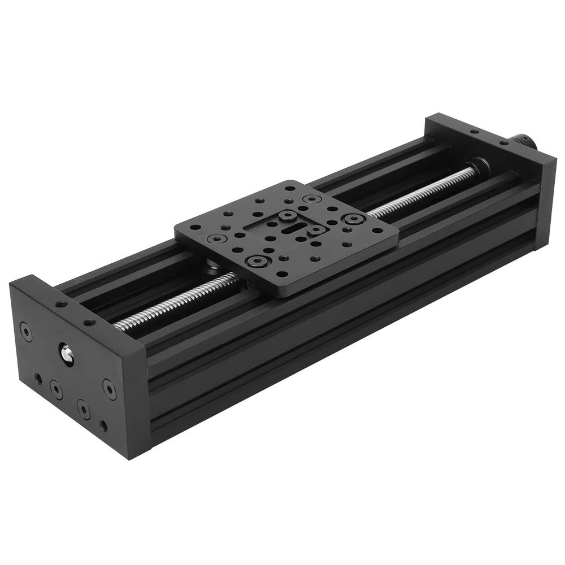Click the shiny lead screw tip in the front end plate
tap(67, 354)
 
